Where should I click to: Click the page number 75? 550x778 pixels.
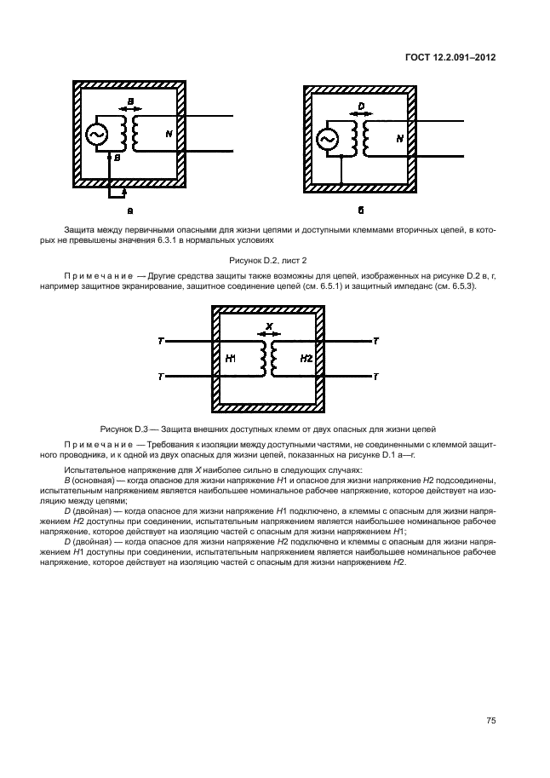(490, 720)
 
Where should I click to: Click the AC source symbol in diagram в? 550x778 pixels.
(96, 134)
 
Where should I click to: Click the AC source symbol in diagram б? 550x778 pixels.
(327, 140)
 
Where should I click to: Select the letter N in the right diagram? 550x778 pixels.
(400, 137)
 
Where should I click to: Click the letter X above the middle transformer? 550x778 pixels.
(269, 327)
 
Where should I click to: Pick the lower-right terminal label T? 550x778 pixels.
(376, 376)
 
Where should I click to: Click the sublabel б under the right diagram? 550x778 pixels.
(361, 209)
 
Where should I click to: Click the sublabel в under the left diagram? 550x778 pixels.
(129, 209)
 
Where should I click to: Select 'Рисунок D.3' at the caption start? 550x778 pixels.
(125, 428)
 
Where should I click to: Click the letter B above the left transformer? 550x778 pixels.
(130, 102)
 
